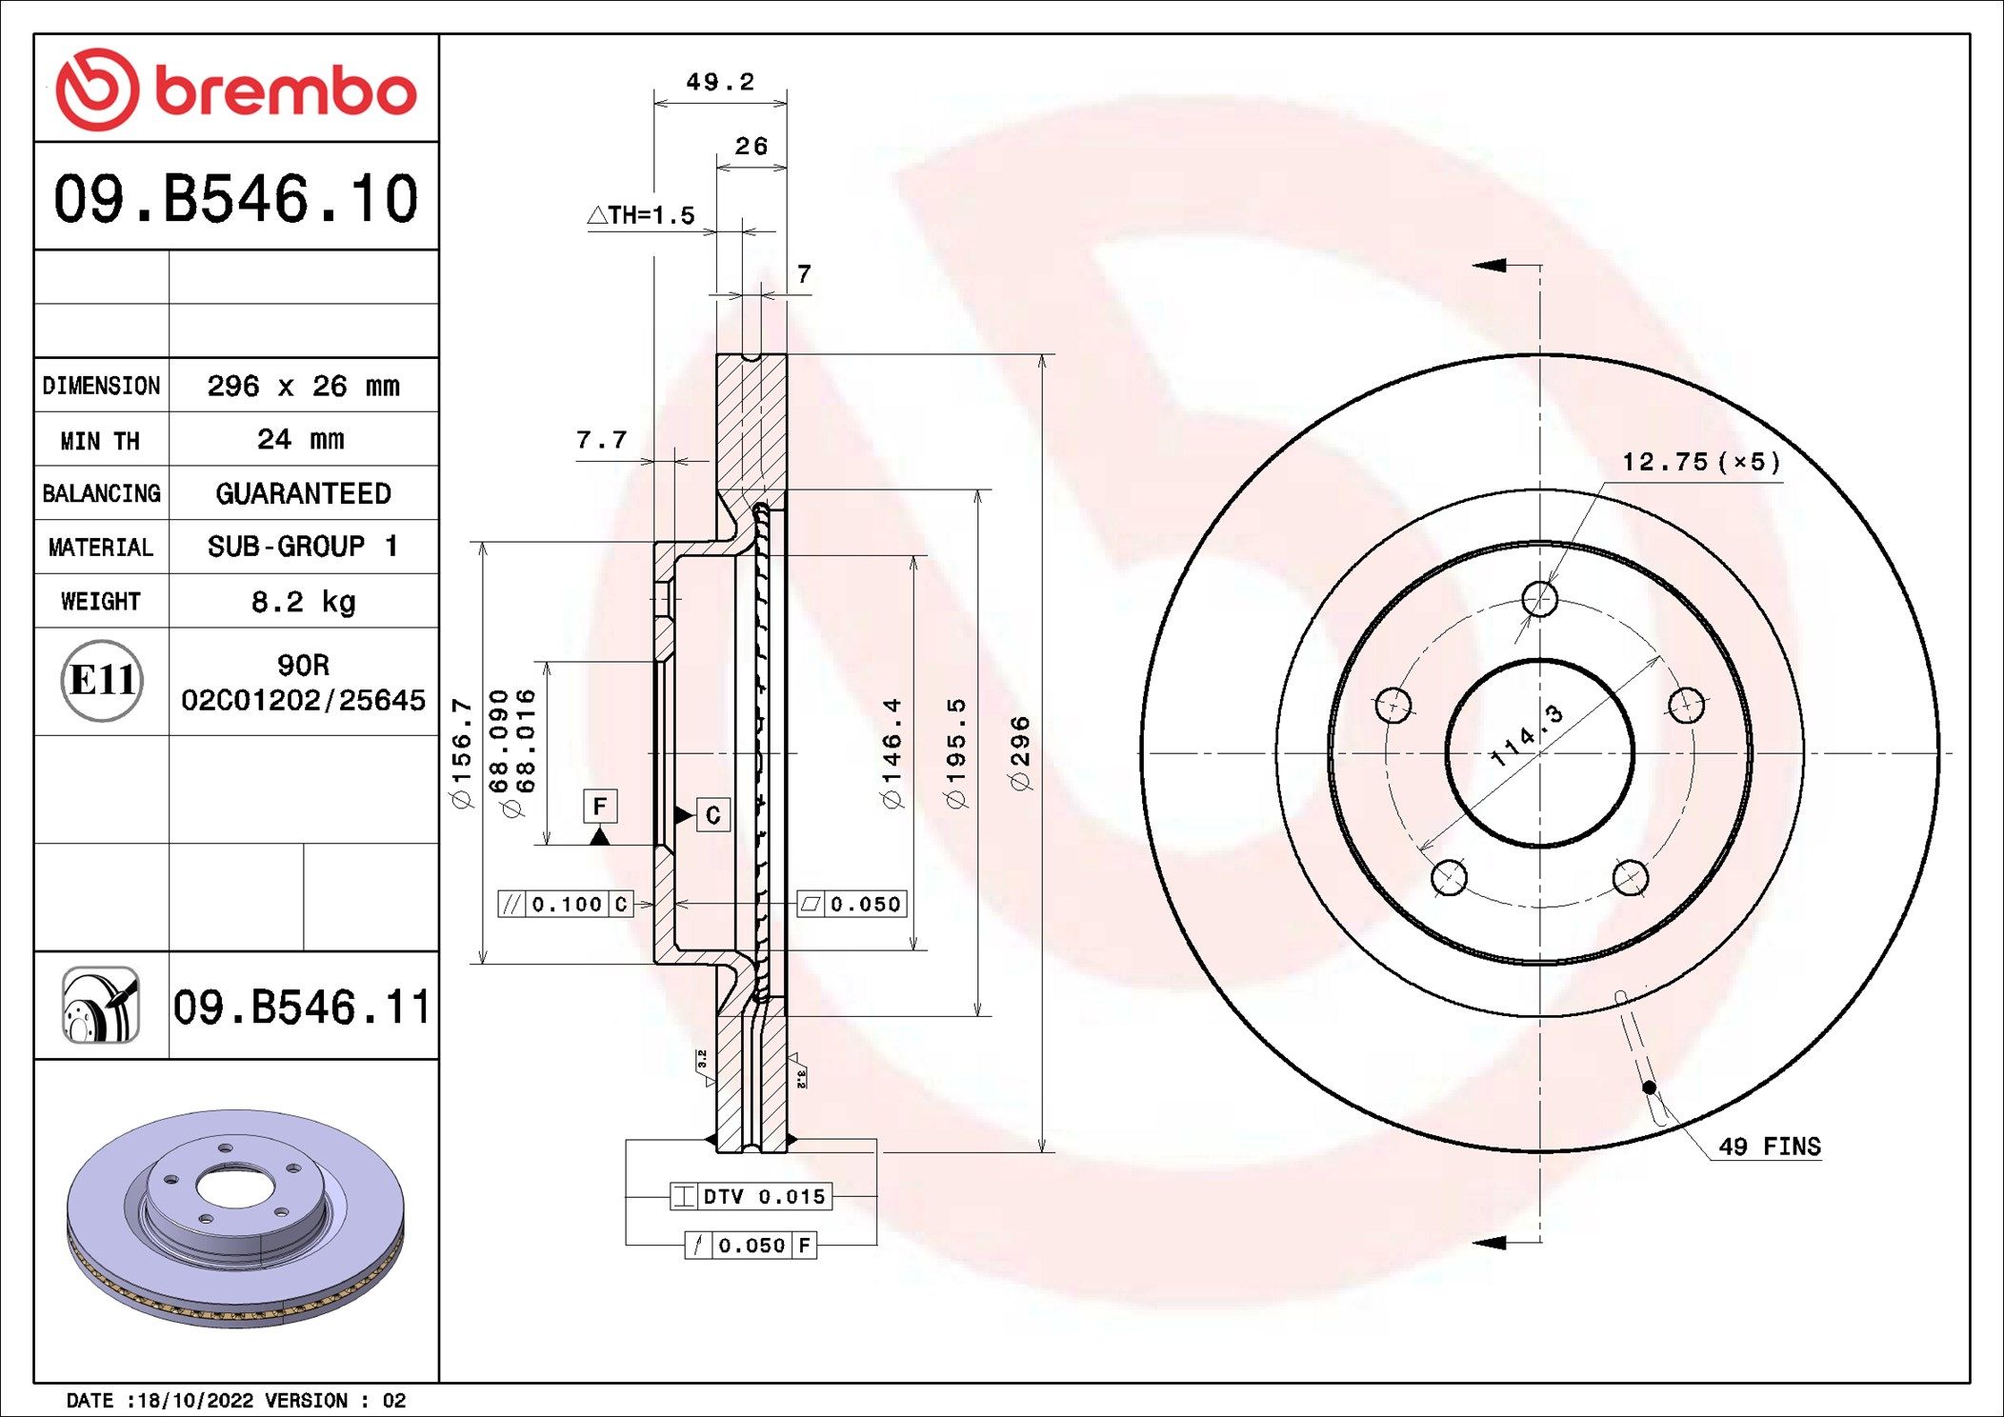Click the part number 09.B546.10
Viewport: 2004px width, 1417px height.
tap(235, 199)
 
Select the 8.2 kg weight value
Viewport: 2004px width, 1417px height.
tap(303, 602)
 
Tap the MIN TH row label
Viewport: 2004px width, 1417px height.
tap(100, 441)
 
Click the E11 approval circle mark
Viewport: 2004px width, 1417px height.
tap(102, 680)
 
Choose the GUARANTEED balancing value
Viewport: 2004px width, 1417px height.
tap(303, 493)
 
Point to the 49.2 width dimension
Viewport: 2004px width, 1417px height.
tap(719, 82)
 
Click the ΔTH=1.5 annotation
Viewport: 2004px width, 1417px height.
tap(641, 215)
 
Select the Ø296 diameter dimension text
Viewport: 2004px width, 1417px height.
tap(1020, 752)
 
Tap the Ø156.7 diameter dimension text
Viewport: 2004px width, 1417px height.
tap(462, 752)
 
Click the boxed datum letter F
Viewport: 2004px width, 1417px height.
tap(600, 806)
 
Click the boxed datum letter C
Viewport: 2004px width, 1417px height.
tap(712, 815)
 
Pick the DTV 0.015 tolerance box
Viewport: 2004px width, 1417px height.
tap(751, 1196)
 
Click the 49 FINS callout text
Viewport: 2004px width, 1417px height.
tap(1769, 1147)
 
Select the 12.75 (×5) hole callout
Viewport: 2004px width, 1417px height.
tap(1700, 462)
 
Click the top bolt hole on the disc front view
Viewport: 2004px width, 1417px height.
tap(1539, 599)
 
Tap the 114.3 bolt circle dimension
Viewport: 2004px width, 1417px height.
tap(1527, 735)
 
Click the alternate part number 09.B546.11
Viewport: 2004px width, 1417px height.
tap(302, 1008)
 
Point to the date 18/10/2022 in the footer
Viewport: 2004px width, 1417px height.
tap(196, 1400)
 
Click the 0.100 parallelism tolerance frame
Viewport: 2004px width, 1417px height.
tap(567, 904)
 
